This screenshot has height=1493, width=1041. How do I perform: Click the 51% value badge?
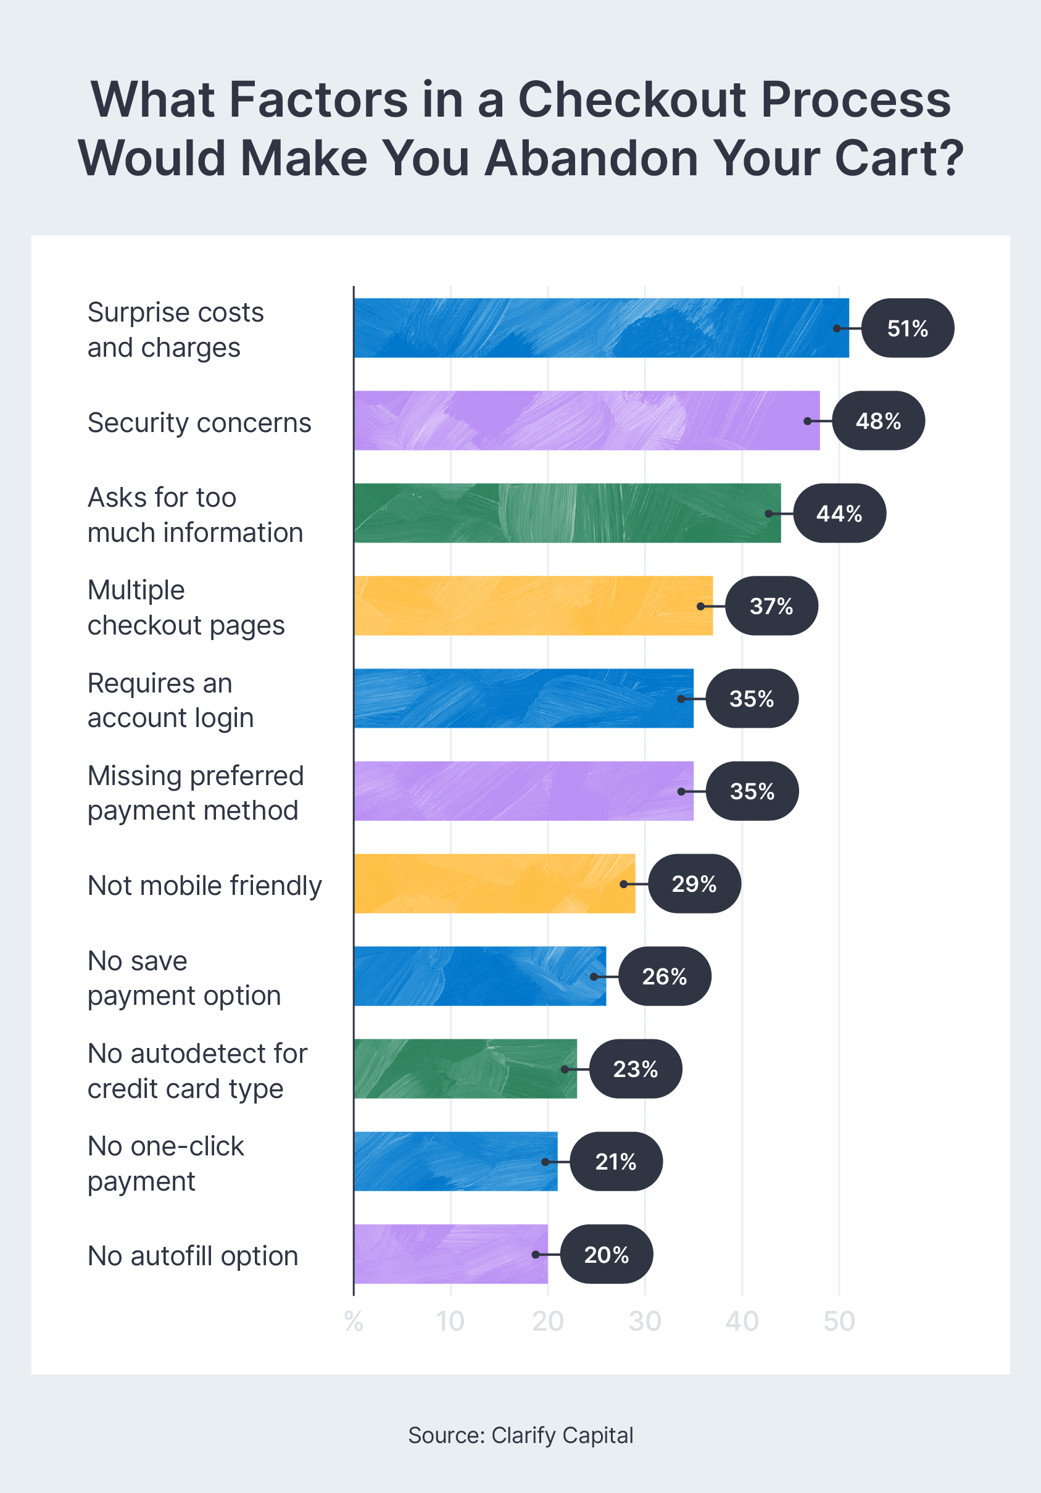click(907, 328)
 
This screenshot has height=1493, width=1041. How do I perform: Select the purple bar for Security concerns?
click(586, 421)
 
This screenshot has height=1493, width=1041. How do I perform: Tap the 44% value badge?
click(839, 514)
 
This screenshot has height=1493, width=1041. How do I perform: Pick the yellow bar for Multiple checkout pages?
click(533, 605)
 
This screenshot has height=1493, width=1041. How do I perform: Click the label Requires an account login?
click(170, 701)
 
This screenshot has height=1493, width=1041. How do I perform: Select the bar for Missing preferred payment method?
click(523, 791)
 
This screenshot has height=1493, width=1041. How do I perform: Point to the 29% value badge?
click(694, 884)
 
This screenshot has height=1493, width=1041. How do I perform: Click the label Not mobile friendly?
click(204, 886)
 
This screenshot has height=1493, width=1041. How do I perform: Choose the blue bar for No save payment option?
click(480, 976)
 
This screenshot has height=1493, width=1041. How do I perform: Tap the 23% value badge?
click(635, 1069)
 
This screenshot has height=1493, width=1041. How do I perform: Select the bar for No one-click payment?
click(455, 1162)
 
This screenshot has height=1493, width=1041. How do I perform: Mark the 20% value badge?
click(606, 1254)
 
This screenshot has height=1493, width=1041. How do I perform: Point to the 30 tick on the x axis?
click(644, 1321)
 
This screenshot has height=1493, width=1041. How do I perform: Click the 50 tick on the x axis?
click(839, 1321)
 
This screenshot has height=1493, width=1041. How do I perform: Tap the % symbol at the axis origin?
click(353, 1321)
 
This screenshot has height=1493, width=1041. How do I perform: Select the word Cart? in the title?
click(898, 158)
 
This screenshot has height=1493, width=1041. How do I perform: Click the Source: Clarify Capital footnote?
click(520, 1435)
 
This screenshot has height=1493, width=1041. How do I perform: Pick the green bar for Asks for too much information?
click(567, 513)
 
